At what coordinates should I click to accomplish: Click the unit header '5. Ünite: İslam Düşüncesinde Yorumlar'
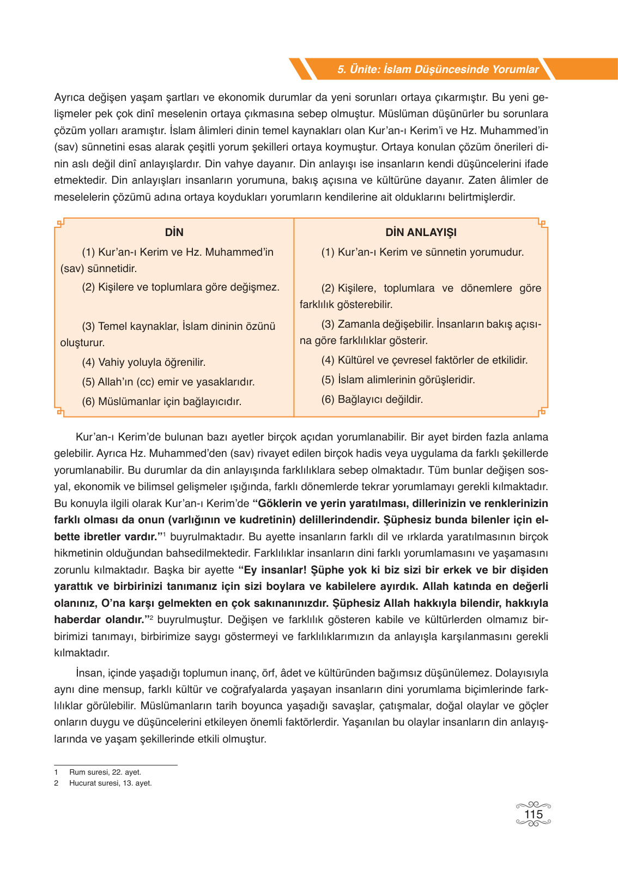(x=438, y=69)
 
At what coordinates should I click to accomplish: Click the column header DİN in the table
(x=174, y=232)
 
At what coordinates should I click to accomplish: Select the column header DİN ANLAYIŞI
(x=421, y=232)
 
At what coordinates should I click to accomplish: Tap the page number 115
(x=533, y=814)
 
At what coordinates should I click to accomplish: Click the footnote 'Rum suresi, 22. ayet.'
(x=105, y=772)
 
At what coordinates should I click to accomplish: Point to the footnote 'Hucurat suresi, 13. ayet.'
(x=111, y=783)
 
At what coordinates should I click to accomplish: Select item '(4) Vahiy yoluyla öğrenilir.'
(x=143, y=362)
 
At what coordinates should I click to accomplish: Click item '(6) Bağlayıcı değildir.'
(x=372, y=399)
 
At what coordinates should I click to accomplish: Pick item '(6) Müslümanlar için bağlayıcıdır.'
(x=161, y=401)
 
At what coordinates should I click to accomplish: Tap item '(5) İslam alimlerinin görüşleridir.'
(x=398, y=379)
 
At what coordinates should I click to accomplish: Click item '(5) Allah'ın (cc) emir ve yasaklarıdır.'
(x=168, y=382)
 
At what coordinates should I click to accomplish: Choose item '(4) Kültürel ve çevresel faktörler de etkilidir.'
(x=424, y=360)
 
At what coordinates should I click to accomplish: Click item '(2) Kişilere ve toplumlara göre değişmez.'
(x=180, y=287)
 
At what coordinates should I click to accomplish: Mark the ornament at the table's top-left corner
(x=60, y=223)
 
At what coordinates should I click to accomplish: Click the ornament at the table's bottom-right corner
(x=542, y=412)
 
